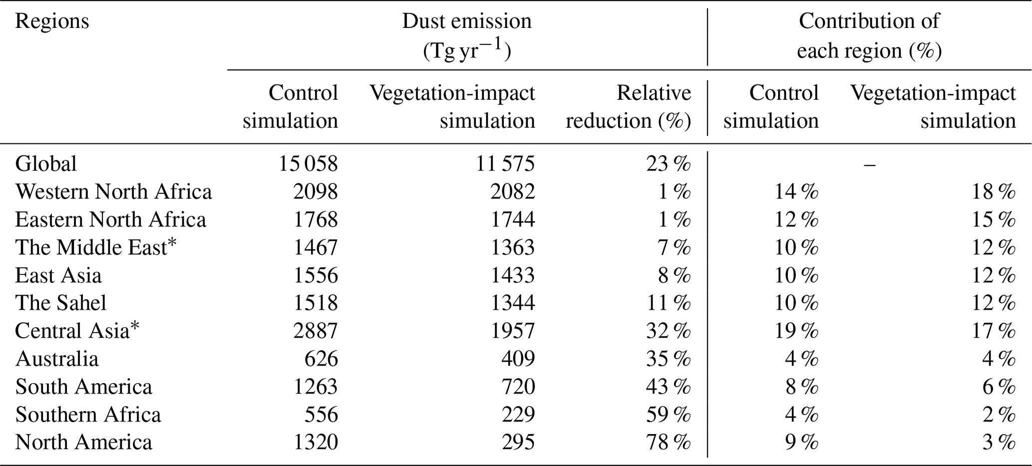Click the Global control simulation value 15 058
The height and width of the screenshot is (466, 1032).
tap(308, 164)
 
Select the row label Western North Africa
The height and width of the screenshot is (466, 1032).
tap(114, 192)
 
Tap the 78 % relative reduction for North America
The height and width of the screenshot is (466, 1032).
tap(669, 443)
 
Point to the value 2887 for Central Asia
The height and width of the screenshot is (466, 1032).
tap(316, 331)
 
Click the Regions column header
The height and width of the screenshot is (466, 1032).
tap(52, 22)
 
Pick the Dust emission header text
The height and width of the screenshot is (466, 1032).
tap(467, 21)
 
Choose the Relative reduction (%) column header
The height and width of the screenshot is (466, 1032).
tap(629, 107)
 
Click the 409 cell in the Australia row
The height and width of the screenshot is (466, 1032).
tap(518, 359)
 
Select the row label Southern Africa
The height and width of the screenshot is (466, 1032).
tap(88, 415)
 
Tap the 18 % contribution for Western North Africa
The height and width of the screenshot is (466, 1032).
tap(994, 192)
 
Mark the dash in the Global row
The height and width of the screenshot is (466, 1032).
tap(869, 164)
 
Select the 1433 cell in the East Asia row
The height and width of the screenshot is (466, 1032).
tap(513, 276)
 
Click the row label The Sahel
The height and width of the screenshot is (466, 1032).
tap(61, 303)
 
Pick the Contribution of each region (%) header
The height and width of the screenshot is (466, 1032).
tap(869, 36)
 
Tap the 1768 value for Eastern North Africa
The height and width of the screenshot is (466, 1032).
tap(316, 220)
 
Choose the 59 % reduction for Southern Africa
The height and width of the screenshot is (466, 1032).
tap(669, 415)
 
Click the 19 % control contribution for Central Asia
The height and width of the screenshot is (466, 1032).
tap(796, 331)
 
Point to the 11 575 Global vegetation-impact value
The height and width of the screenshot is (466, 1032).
tap(505, 164)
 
